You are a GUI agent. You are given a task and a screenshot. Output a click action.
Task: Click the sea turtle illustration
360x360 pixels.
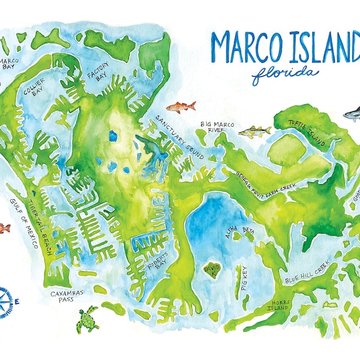(x=88, y=319)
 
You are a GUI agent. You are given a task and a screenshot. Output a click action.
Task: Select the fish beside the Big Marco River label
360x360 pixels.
(x=254, y=131)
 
